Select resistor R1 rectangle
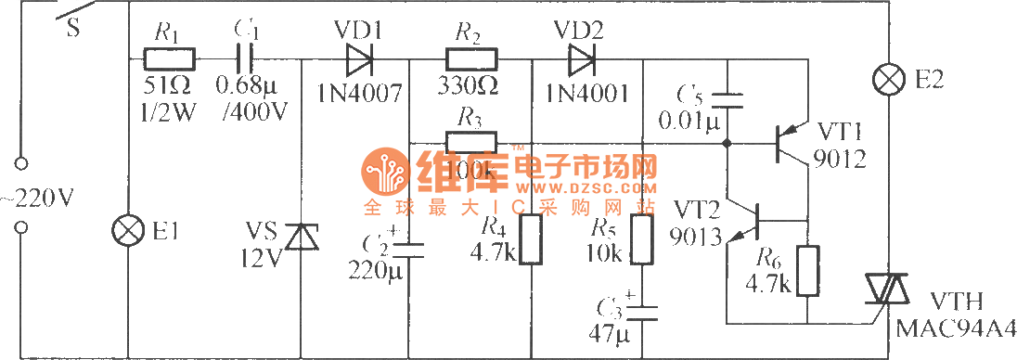click(169, 61)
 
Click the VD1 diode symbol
click(358, 61)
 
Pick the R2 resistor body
click(471, 61)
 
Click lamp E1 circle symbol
click(124, 229)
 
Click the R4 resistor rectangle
click(531, 240)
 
